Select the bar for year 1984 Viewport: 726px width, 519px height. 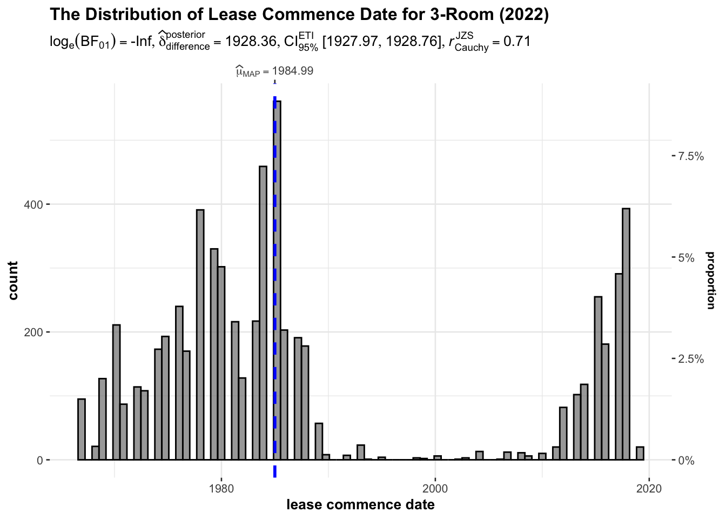click(263, 314)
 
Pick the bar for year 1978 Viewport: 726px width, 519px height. click(200, 335)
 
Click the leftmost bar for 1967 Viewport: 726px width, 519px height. click(82, 429)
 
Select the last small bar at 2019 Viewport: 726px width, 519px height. click(640, 454)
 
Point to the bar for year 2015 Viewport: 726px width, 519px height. click(598, 378)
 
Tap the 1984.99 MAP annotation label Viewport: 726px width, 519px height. click(274, 71)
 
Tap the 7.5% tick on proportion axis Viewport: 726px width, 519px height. click(691, 156)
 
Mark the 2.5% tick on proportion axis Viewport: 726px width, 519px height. click(691, 359)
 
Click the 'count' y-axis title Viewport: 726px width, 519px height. click(13, 280)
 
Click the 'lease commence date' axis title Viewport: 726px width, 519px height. click(360, 505)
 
